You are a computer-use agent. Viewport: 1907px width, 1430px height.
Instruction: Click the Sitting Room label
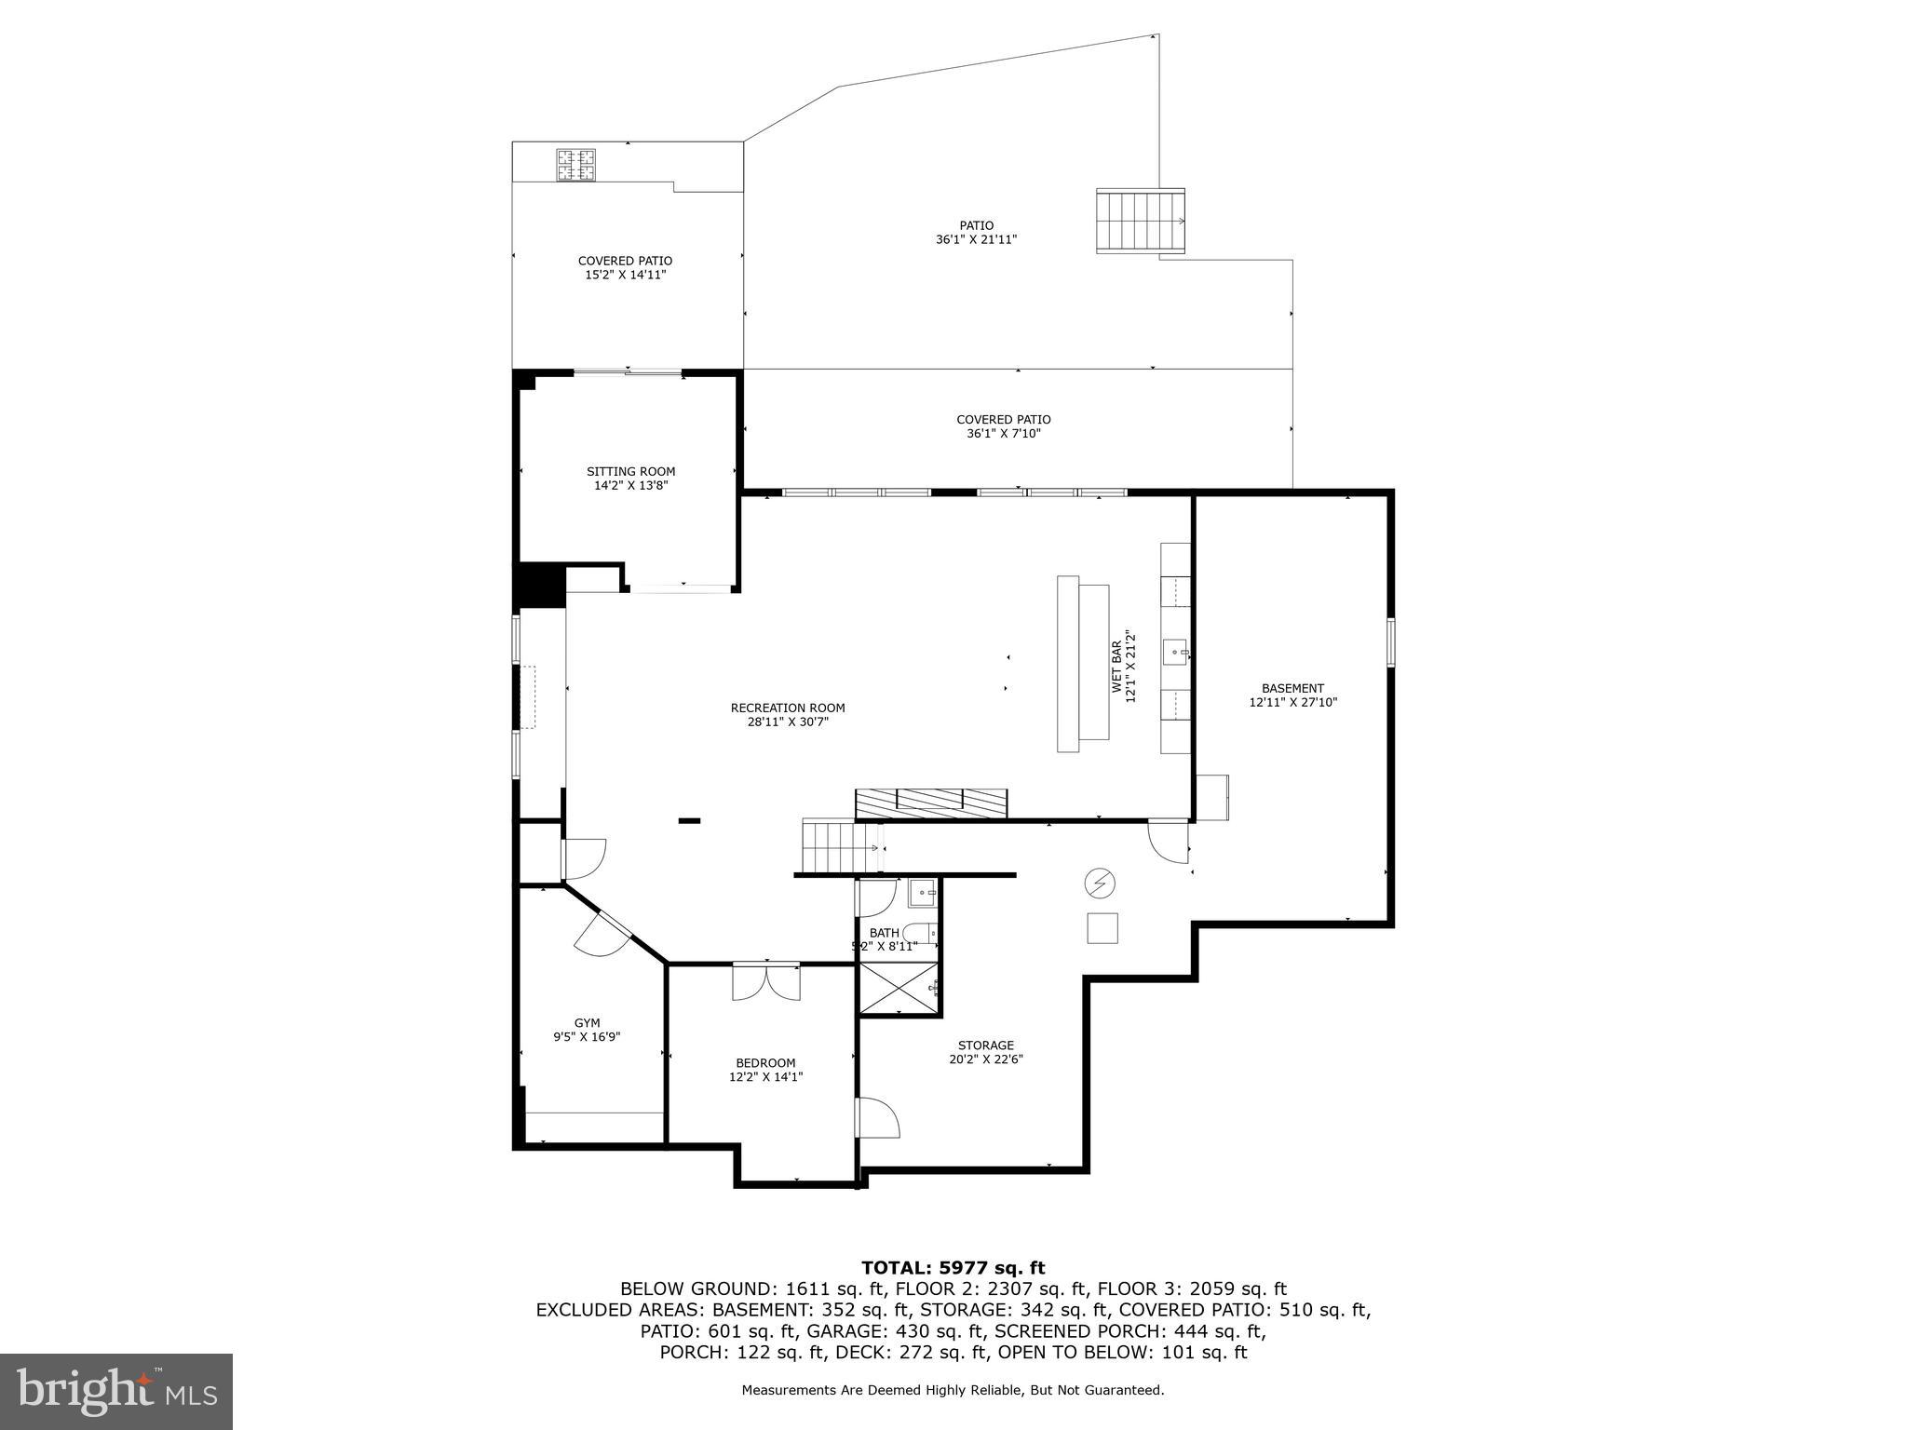(630, 471)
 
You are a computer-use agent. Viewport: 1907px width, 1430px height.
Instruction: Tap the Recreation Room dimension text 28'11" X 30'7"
(788, 722)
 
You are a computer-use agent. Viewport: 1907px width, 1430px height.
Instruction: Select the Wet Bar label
(1117, 667)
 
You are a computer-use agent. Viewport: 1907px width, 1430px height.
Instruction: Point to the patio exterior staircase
(1141, 222)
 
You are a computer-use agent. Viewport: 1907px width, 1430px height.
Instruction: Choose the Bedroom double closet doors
(765, 981)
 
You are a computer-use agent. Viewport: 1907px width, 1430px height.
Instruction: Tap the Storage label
(986, 1045)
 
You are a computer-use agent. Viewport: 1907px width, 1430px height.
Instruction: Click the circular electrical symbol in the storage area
(1100, 883)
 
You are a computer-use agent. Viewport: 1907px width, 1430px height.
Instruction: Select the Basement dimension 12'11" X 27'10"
(1292, 703)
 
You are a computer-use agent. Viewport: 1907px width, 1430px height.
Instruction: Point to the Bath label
(884, 932)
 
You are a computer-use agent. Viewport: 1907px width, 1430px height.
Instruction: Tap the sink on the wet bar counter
(1175, 650)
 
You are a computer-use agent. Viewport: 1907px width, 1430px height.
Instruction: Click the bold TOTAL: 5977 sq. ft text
(953, 1267)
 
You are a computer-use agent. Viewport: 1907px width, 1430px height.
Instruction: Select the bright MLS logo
(115, 1391)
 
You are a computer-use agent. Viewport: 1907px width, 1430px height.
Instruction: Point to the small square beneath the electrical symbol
(1102, 928)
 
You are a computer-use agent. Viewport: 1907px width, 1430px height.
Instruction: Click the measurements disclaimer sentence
(953, 1390)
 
